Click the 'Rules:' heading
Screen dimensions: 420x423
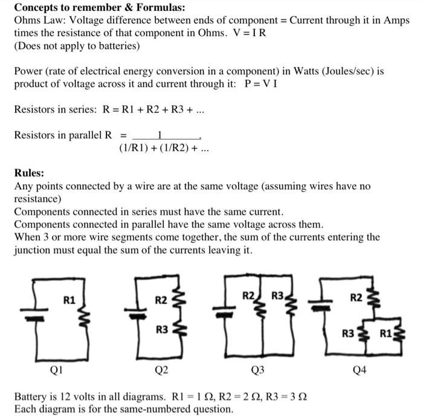point(29,173)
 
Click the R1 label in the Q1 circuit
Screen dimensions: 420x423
point(69,298)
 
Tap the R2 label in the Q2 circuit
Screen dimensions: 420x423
point(161,299)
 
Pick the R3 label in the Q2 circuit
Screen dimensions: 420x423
point(161,329)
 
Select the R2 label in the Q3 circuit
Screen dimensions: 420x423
point(248,296)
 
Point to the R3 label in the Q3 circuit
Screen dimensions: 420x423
point(277,296)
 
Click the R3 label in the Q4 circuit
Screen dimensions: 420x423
point(347,332)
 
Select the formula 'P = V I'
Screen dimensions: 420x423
point(260,84)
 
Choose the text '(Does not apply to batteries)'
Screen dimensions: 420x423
point(77,45)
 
